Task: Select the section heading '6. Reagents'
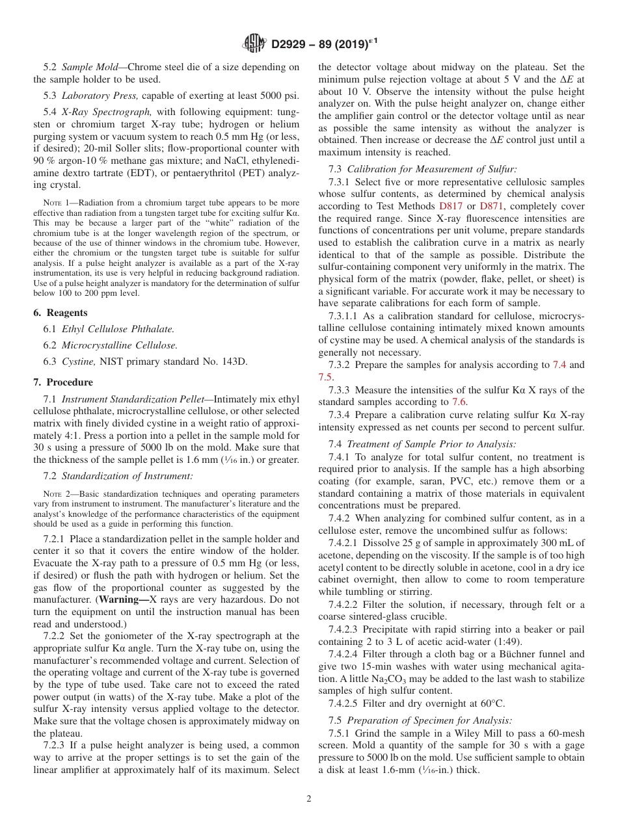60,313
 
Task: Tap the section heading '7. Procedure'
63,382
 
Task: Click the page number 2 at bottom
309,799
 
